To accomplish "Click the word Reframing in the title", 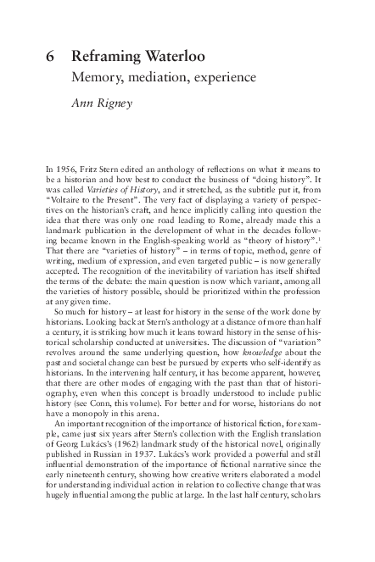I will click(x=107, y=57).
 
